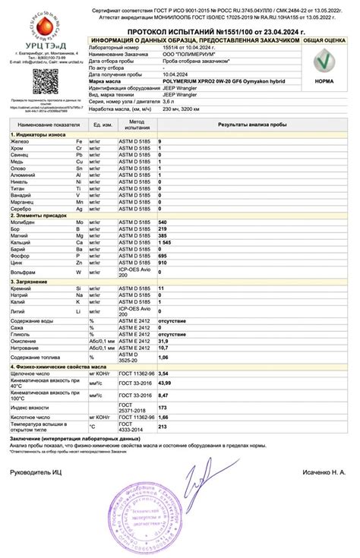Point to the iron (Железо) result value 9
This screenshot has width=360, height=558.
click(159, 142)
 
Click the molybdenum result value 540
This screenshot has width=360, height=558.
click(162, 222)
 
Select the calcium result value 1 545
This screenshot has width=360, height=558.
click(165, 242)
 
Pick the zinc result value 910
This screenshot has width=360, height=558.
click(162, 263)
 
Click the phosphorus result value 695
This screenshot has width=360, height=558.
click(162, 256)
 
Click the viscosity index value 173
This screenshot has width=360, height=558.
click(162, 408)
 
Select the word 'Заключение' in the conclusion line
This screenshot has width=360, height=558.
click(28, 439)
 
